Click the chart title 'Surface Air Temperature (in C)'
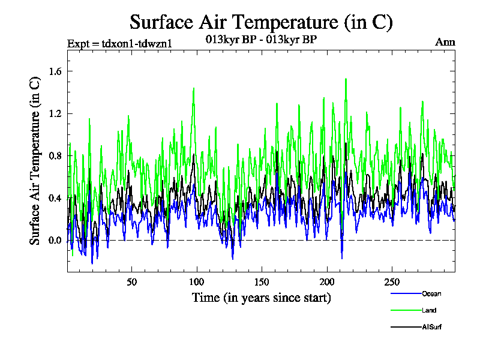pos(261,22)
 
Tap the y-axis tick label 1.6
pos(55,71)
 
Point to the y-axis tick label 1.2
pos(55,113)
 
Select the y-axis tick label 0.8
pos(55,156)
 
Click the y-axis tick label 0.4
pos(55,198)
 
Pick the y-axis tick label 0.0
pos(55,241)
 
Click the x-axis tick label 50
pos(132,282)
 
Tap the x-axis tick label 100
pos(197,282)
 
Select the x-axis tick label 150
pos(262,282)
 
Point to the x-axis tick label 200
pos(326,282)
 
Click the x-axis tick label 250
pos(391,282)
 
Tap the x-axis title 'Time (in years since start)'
pos(261,298)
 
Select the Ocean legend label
pos(431,293)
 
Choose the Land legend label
pos(429,310)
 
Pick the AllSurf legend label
pos(432,327)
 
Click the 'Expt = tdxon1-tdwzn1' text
pos(113,42)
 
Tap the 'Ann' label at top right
pos(445,42)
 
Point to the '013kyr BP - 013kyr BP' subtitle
pos(261,40)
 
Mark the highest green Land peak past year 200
pos(346,79)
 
